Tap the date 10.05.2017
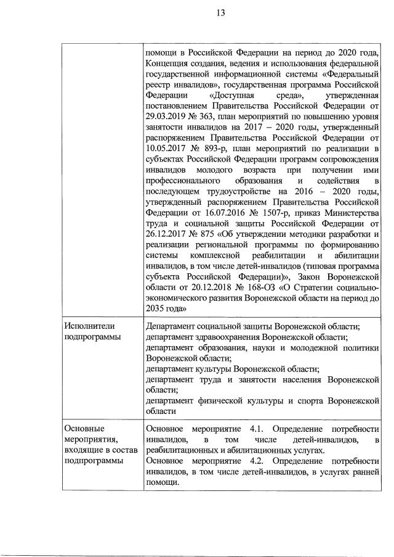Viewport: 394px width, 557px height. [x=165, y=148]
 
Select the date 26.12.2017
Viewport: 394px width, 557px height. [x=165, y=241]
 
